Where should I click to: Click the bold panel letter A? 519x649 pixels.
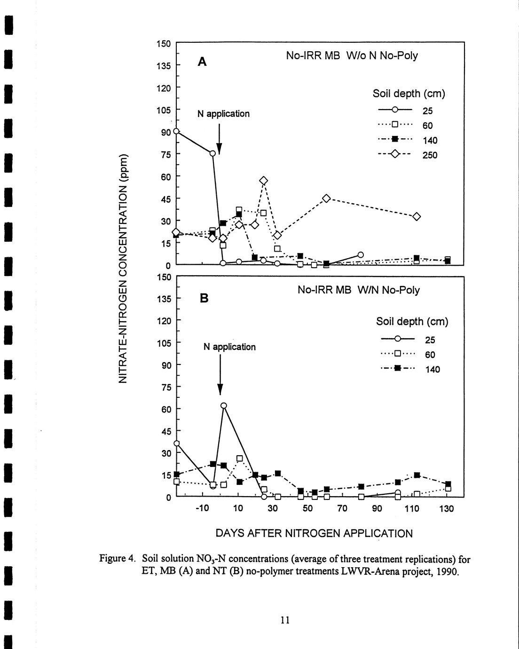(x=202, y=62)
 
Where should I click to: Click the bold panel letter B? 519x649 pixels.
(x=204, y=298)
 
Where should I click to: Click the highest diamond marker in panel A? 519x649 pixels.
(x=264, y=181)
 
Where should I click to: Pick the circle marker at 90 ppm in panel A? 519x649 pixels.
(x=176, y=131)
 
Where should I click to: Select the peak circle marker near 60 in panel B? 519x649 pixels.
(x=224, y=405)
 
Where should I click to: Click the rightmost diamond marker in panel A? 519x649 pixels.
(x=416, y=216)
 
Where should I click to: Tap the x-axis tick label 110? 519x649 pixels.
(x=412, y=508)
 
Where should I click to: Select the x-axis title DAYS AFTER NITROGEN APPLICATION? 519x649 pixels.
(x=314, y=533)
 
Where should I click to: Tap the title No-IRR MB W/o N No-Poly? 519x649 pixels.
(x=352, y=55)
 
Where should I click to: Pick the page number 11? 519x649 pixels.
(x=284, y=620)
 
